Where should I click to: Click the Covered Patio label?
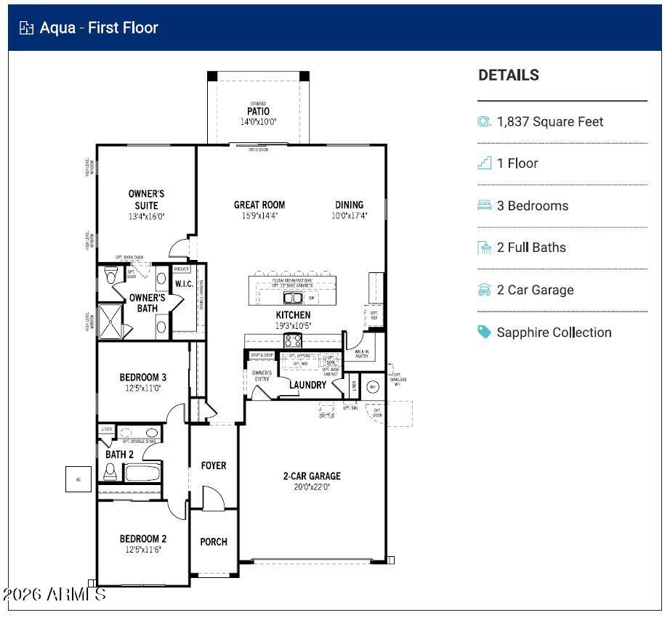click(258, 112)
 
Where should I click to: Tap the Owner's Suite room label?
click(146, 200)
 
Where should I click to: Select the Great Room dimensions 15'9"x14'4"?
click(259, 216)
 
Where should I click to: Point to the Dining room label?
click(349, 205)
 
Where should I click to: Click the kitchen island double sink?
click(292, 298)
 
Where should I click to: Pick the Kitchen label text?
click(293, 315)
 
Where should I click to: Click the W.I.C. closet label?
click(184, 284)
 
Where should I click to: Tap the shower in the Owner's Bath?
click(112, 318)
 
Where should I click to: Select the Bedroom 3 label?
click(143, 378)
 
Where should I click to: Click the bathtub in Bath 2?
click(142, 473)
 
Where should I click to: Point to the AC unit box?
click(78, 479)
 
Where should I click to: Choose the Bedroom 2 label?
click(143, 539)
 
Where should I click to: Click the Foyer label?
click(214, 465)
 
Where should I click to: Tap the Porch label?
click(214, 542)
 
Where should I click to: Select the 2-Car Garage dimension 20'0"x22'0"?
click(312, 487)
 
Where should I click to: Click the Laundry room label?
click(307, 385)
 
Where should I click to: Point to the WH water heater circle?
click(374, 386)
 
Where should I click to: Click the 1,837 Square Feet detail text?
click(549, 122)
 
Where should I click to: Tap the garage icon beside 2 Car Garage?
click(485, 290)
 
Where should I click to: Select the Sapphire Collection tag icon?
click(485, 332)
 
